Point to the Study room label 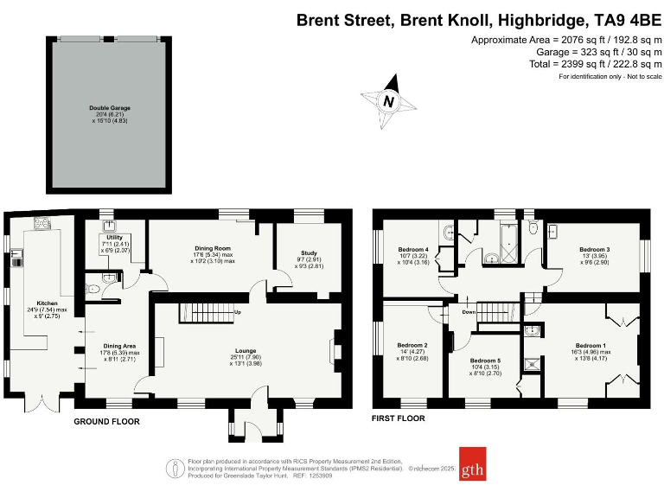click(309, 253)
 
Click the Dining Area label click(117, 346)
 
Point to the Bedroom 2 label click(412, 345)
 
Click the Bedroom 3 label click(594, 250)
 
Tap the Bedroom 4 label click(413, 250)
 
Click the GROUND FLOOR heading click(107, 421)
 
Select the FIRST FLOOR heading click(398, 418)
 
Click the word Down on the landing click(469, 311)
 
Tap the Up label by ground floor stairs click(238, 311)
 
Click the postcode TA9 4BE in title click(623, 19)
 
